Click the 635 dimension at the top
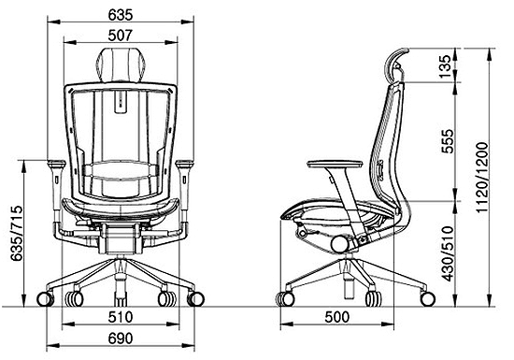121,15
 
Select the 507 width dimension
121,36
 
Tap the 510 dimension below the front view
121,317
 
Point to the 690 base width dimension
121,338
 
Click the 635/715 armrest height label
17,233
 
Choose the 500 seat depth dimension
337,317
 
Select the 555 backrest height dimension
448,141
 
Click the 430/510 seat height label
448,253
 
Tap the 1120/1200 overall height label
482,178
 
